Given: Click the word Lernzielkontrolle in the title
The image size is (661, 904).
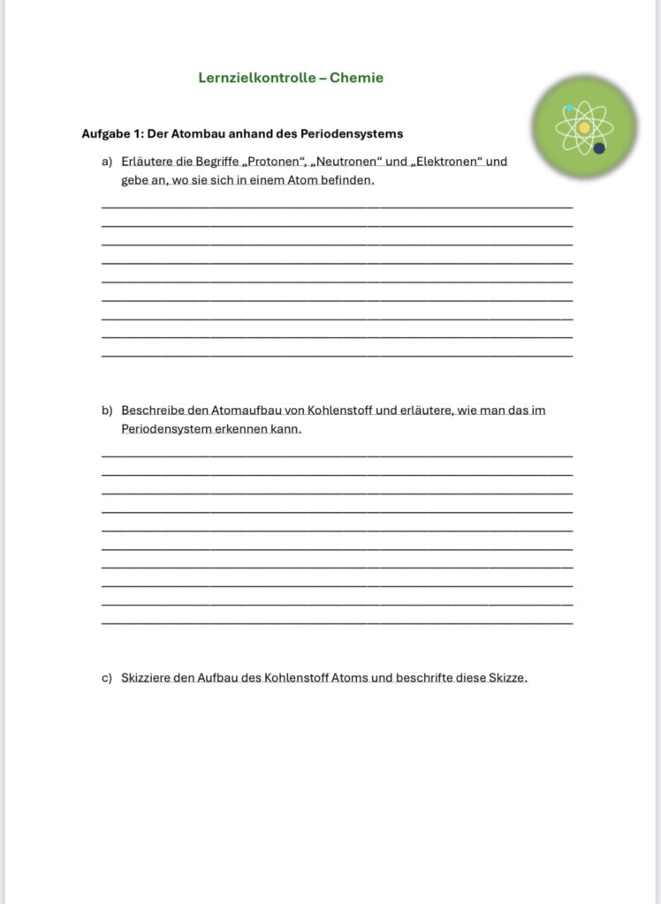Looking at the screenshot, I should (256, 78).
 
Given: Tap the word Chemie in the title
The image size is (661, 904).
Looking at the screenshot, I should (356, 78).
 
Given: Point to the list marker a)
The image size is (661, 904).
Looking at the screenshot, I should (107, 162).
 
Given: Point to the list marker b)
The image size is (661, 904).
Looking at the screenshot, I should (107, 411).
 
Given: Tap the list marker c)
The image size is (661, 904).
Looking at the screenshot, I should (107, 678).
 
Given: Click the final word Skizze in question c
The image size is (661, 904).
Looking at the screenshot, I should (506, 678).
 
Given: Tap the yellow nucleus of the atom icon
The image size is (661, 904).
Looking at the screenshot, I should (584, 128).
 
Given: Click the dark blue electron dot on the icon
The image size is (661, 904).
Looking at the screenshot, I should (599, 148).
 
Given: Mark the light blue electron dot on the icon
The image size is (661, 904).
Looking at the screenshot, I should (569, 109).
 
